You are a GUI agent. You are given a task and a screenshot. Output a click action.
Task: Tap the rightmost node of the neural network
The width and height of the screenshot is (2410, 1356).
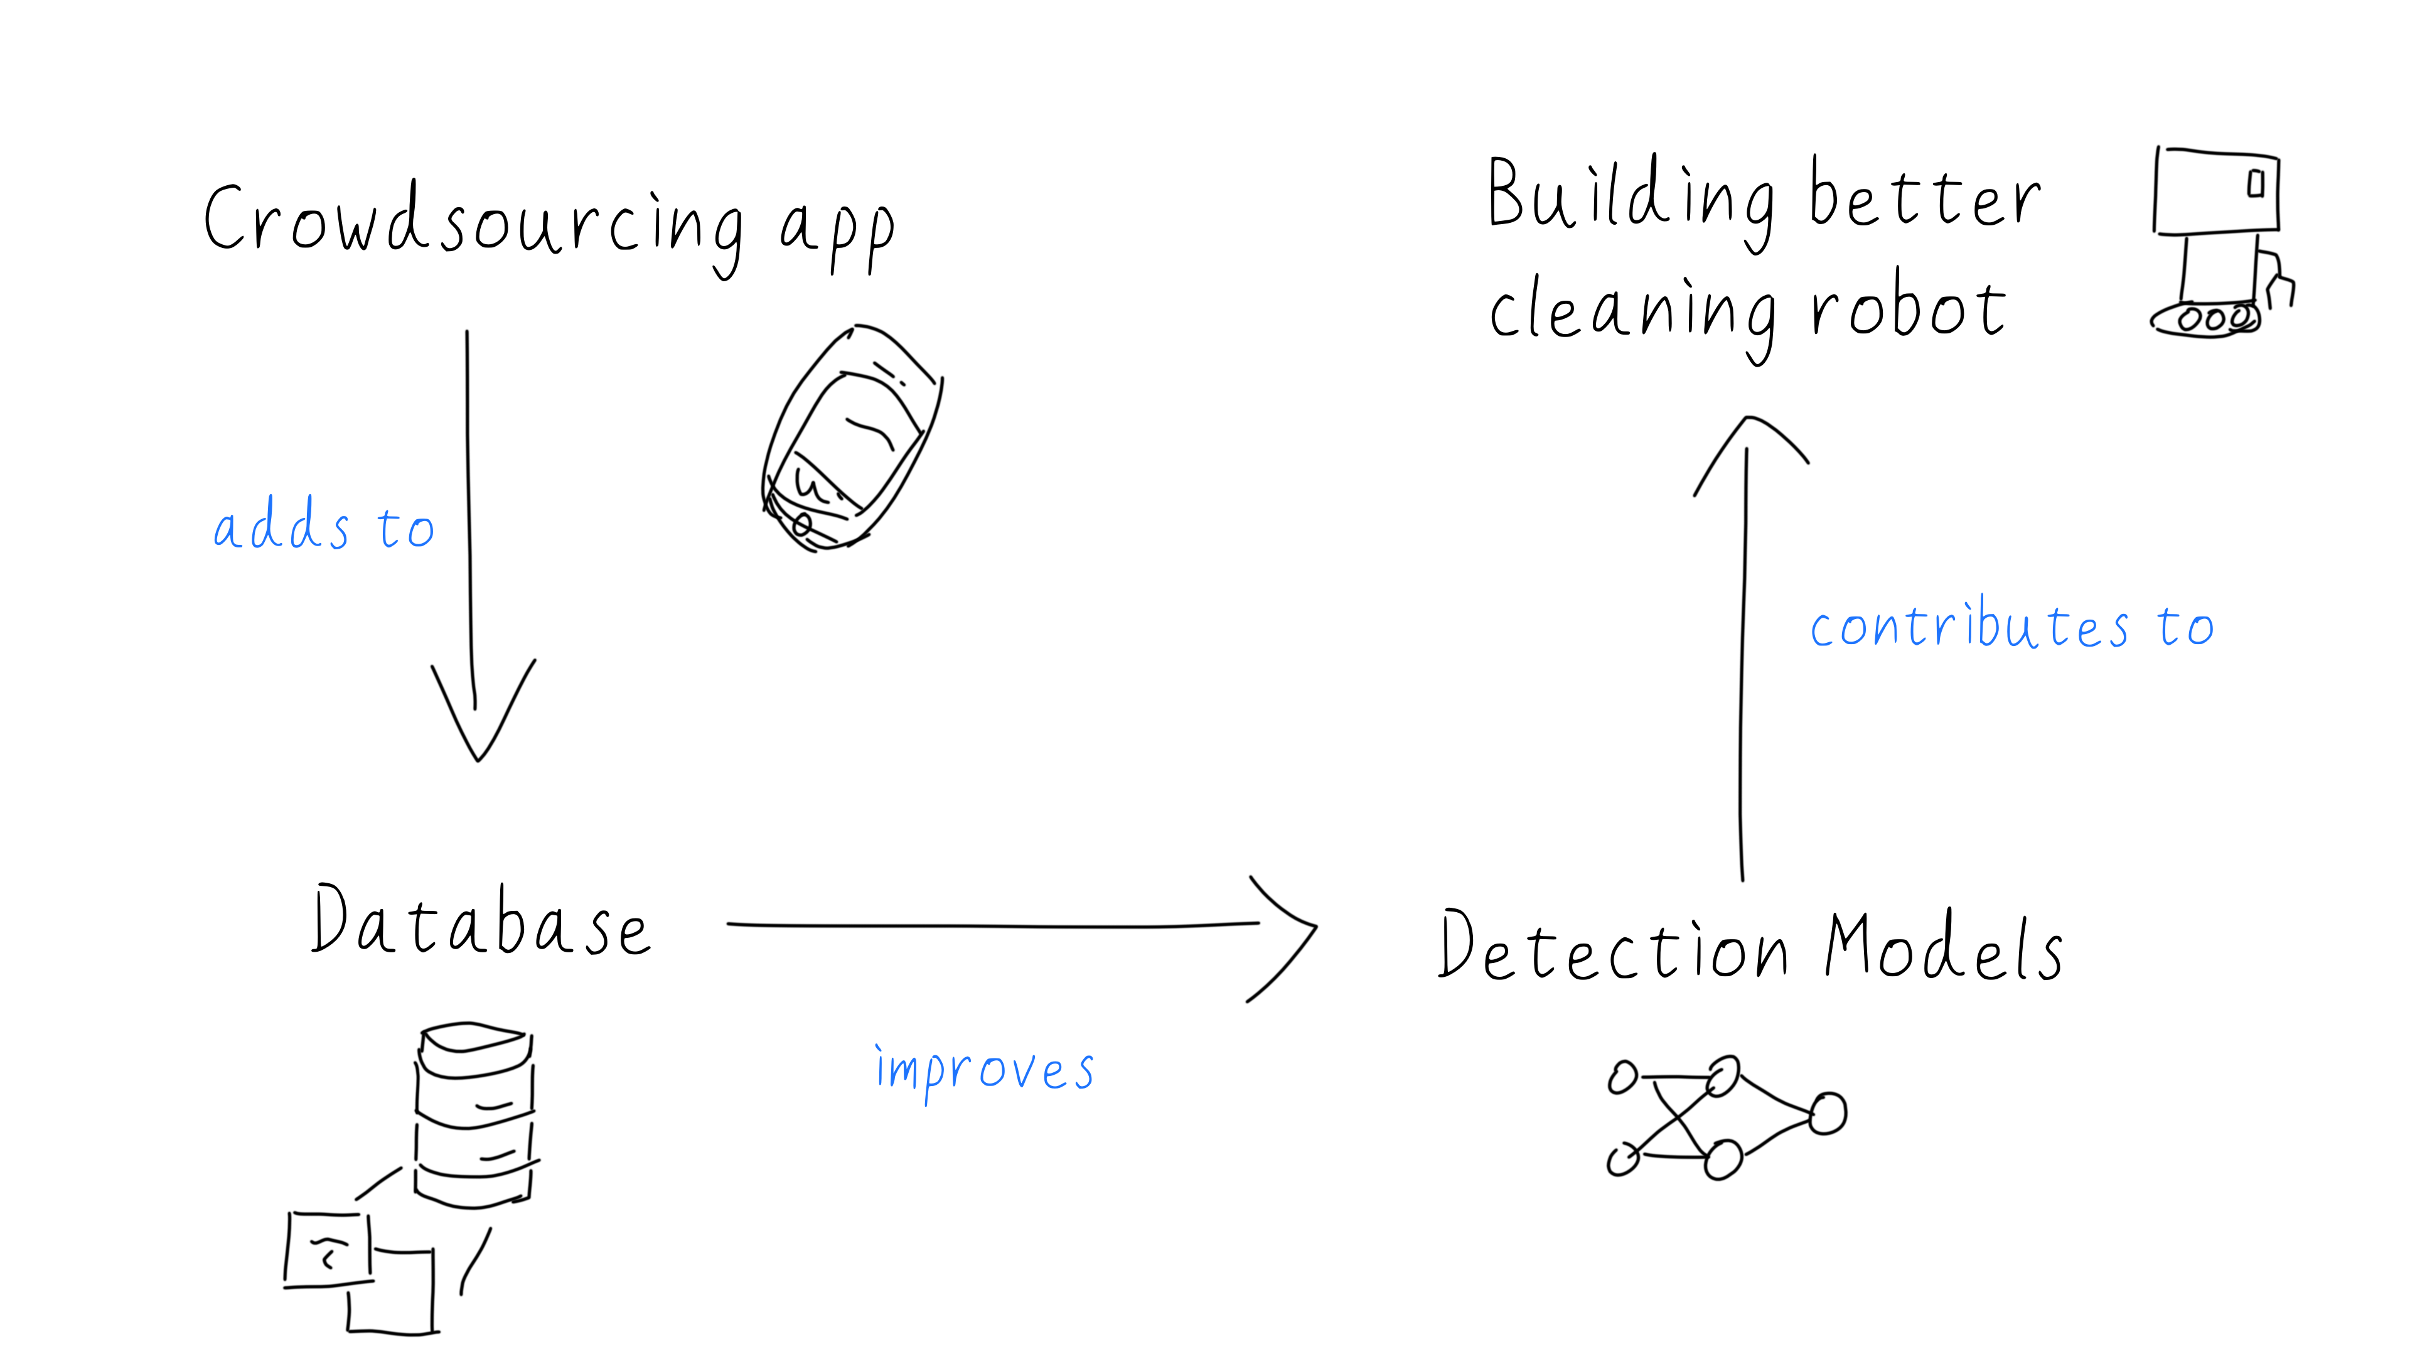point(1827,1114)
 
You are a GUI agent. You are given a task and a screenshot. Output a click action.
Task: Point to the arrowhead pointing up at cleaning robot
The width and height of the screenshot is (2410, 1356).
point(1748,440)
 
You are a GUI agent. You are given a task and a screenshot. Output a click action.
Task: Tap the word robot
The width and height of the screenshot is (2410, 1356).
point(1909,309)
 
